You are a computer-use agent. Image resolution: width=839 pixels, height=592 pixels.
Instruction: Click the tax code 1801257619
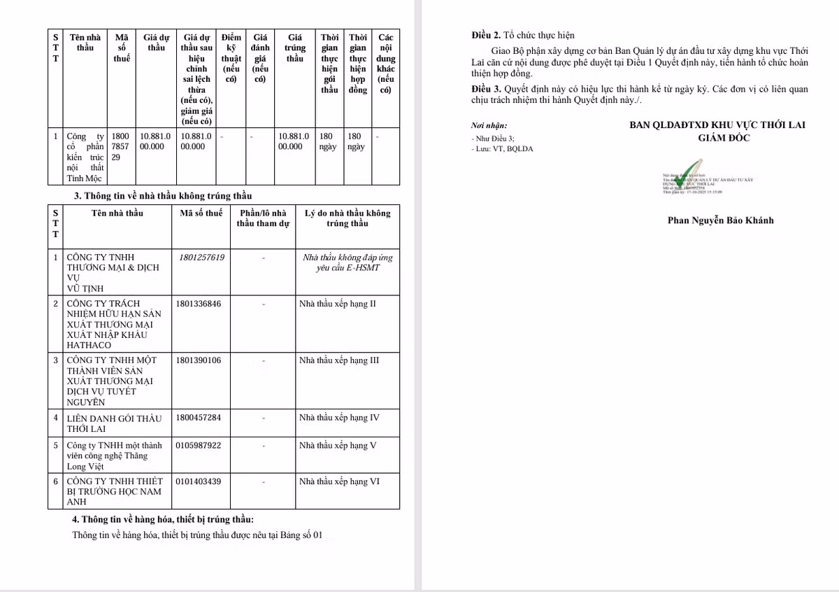[x=201, y=258]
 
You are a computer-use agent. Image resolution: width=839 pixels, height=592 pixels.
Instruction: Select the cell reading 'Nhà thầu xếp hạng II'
[x=338, y=304]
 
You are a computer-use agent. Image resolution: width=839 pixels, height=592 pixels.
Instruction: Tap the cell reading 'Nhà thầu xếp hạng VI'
[x=339, y=481]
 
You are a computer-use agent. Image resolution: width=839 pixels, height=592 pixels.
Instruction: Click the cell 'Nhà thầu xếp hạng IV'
[x=339, y=418]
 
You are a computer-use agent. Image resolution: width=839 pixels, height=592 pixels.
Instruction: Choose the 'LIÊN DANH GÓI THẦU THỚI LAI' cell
[x=113, y=423]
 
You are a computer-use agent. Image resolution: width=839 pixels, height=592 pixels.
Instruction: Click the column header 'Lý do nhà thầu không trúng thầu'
[x=347, y=218]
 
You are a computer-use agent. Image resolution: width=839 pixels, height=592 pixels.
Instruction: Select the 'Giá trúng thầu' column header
[x=295, y=48]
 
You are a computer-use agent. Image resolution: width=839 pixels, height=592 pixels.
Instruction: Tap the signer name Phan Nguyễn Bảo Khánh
[x=721, y=220]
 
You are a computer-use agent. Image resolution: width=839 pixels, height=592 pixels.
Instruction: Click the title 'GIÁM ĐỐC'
[x=724, y=138]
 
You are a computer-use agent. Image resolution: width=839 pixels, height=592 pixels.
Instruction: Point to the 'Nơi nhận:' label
[x=489, y=126]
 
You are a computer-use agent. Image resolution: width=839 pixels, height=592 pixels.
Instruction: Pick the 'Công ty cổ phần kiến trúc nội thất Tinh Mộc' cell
[x=84, y=157]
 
